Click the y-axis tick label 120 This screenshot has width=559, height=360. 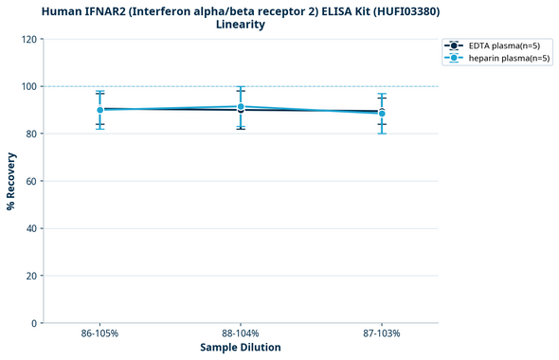pos(27,39)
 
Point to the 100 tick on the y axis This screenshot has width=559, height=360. pos(27,86)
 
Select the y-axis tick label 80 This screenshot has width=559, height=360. pos(30,134)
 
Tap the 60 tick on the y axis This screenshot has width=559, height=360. pos(30,181)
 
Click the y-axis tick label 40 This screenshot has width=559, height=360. pos(30,228)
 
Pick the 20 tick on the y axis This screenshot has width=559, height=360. pos(30,276)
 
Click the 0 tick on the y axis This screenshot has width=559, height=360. pos(33,323)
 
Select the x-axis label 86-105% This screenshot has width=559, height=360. pos(99,334)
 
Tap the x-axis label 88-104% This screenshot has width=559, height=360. pos(241,334)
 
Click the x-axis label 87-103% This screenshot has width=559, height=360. pos(382,334)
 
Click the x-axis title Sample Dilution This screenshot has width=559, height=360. pos(241,348)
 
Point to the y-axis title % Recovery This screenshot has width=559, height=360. pos(11,181)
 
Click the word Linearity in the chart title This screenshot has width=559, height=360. pos(241,25)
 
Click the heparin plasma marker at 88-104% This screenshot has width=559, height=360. pos(241,107)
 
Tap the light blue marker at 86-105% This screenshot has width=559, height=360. pos(99,110)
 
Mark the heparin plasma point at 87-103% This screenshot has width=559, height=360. pos(382,114)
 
